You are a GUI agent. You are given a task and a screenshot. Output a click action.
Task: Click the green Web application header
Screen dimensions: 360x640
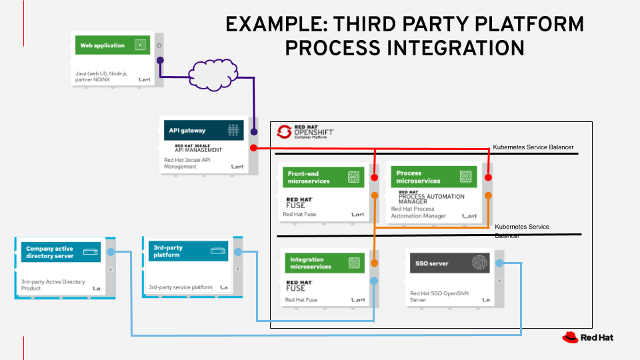[110, 46]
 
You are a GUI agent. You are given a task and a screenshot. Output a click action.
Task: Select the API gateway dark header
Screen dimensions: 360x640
[203, 130]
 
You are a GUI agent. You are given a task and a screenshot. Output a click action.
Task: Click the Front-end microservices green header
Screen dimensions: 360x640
[324, 177]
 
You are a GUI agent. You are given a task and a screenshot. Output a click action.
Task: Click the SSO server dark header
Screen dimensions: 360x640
[447, 263]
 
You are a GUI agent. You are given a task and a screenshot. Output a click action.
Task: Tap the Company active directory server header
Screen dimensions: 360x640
[61, 251]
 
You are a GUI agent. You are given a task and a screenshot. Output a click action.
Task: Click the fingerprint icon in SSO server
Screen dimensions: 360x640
[479, 263]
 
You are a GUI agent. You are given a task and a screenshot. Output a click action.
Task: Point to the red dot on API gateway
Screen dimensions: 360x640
[253, 147]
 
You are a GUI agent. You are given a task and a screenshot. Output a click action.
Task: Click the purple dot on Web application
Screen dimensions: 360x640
[160, 61]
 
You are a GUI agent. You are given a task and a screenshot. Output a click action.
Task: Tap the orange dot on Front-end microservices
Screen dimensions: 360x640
[375, 195]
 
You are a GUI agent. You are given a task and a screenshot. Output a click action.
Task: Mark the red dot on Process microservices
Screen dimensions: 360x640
[489, 178]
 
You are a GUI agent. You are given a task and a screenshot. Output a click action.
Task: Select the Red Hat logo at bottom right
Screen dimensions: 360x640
[587, 337]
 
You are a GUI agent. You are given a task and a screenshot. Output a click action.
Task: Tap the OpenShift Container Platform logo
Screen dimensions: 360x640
[305, 131]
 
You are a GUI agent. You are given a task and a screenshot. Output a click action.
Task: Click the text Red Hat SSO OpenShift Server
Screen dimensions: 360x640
[441, 297]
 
